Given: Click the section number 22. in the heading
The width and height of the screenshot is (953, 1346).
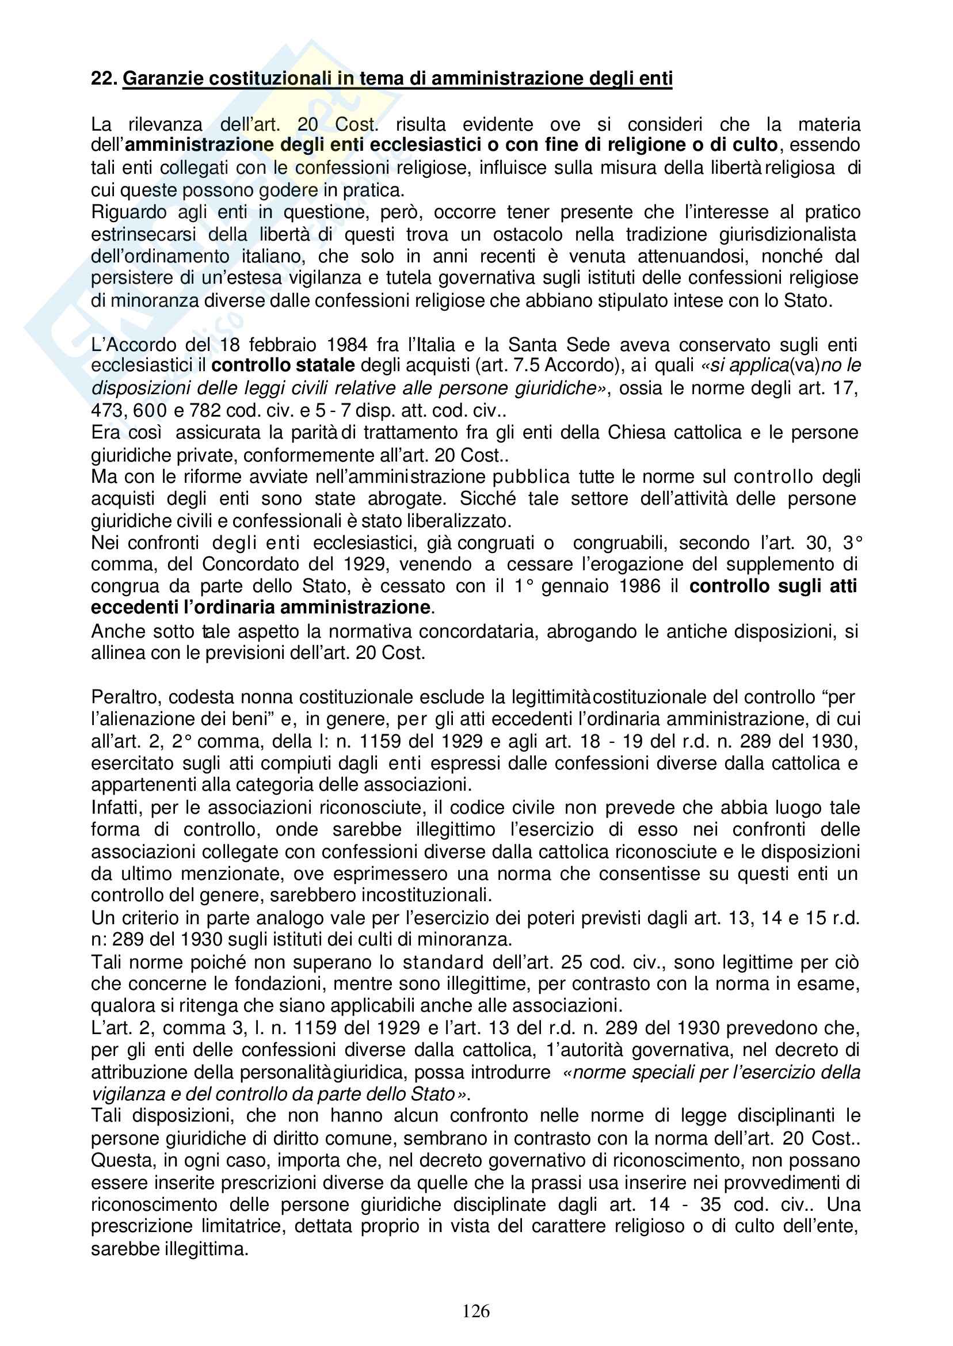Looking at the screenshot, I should tap(105, 78).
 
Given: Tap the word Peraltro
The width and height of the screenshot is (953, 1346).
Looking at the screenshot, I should tap(125, 697).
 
